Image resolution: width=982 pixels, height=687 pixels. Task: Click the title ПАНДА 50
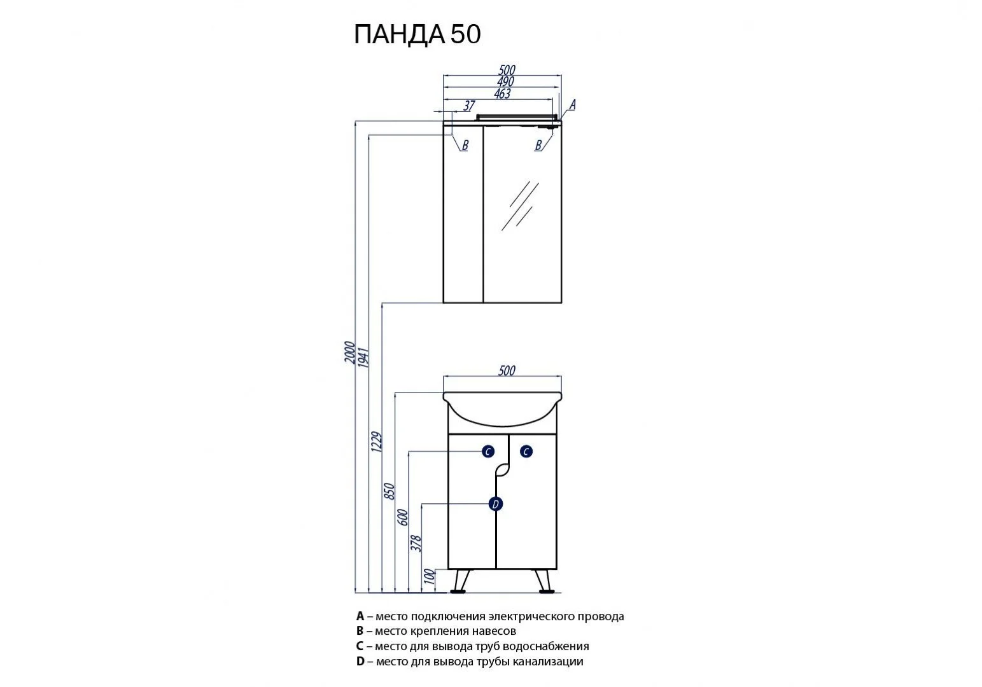point(417,34)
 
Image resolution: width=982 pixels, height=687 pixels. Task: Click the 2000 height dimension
point(349,352)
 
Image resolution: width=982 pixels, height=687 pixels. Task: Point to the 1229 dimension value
point(376,441)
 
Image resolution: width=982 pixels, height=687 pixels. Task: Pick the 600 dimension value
point(403,517)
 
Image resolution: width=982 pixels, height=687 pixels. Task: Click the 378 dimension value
point(417,542)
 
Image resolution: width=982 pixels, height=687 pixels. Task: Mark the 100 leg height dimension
point(431,576)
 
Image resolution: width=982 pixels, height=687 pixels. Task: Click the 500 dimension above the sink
point(506,370)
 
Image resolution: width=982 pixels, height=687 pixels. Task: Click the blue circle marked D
point(495,504)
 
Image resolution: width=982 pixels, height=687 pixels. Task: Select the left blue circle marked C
point(487,452)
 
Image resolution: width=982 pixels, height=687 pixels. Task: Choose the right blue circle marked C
point(526,452)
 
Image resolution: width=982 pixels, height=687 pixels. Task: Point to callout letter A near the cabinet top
point(572,105)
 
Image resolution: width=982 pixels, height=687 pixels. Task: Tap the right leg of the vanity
point(543,580)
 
